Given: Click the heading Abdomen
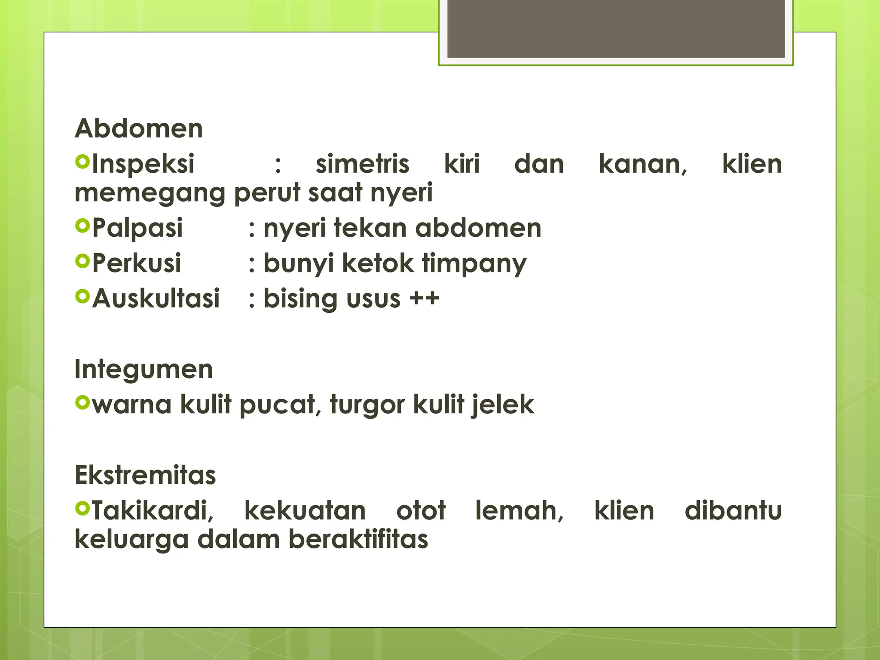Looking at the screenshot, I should click(138, 128).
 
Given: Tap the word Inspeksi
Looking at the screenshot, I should click(143, 164).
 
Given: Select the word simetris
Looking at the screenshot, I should click(362, 164).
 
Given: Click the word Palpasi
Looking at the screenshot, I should click(137, 228).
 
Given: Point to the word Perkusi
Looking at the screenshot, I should click(137, 263).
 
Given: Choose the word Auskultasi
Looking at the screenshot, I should click(156, 298).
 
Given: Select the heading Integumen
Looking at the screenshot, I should click(144, 369).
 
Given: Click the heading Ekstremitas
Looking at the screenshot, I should click(145, 475).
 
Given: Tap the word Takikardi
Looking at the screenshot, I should click(153, 511).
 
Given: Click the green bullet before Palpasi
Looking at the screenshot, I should click(82, 226).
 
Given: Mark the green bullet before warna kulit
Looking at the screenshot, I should click(82, 403).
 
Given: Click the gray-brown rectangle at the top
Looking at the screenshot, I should click(616, 29).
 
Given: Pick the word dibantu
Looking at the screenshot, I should click(733, 511).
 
